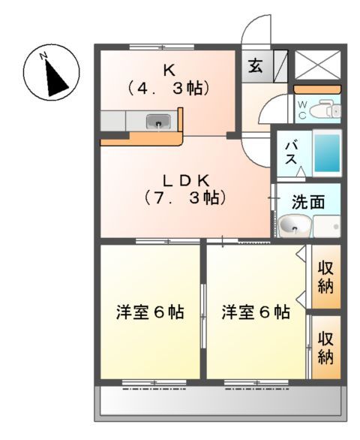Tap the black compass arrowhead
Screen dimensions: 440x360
coord(55,79)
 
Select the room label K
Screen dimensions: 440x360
coord(169,71)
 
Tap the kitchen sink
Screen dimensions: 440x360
coord(160,120)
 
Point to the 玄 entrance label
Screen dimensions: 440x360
coord(255,65)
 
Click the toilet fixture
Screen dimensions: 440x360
coord(326,111)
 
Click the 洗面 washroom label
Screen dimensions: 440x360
coord(307,202)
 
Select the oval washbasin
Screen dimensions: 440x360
coord(294,225)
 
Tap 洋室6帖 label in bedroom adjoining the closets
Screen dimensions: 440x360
coord(256,312)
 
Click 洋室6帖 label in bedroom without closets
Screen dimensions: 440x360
coord(151,312)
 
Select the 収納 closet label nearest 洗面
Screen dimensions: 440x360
coord(326,276)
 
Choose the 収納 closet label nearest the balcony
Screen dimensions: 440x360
coord(326,347)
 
